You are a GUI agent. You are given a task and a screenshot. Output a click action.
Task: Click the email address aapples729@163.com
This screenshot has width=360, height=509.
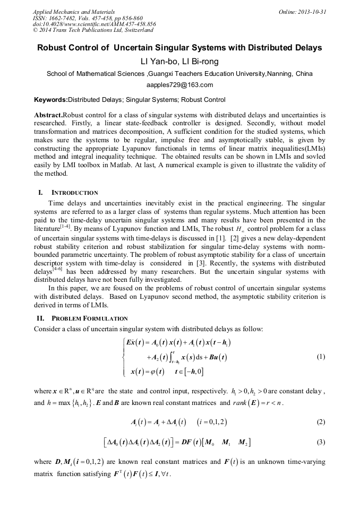179,85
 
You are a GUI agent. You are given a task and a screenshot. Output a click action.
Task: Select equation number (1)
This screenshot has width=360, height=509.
320,357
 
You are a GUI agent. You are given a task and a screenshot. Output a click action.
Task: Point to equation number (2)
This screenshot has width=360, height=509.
320,422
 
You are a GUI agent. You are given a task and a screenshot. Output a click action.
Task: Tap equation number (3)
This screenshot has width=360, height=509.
320,442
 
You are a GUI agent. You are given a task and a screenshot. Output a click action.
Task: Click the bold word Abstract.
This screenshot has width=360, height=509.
48,115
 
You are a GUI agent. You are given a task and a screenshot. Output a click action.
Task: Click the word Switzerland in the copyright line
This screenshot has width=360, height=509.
135,30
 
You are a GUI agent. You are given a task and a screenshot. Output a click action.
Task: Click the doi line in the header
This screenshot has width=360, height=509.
95,24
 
